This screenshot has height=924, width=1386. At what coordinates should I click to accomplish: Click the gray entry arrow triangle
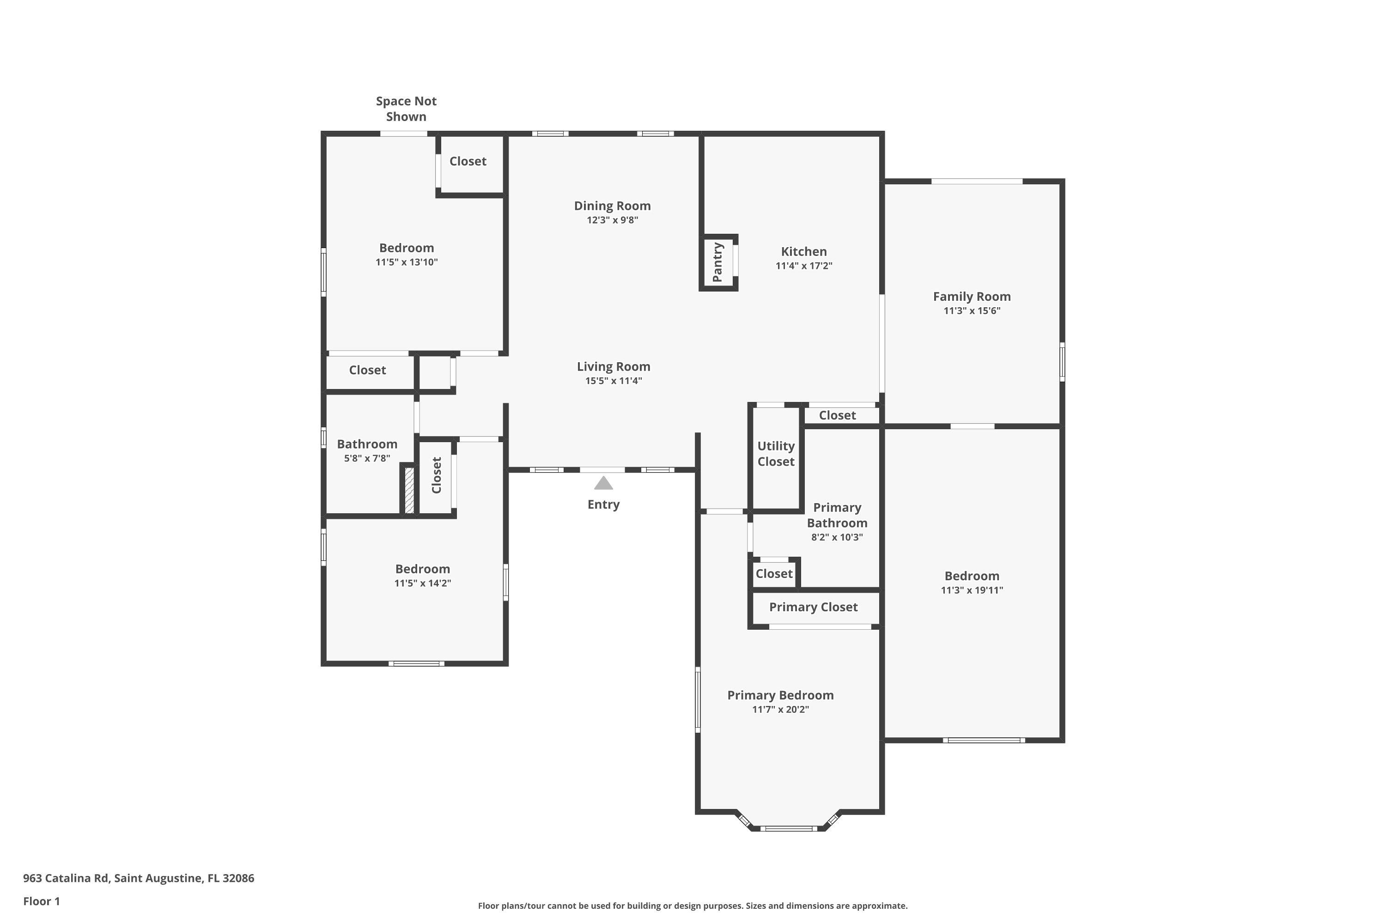[x=603, y=484]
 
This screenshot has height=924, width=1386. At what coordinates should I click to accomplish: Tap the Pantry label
[x=717, y=262]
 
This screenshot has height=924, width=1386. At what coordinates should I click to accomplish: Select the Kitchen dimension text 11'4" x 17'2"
[x=804, y=266]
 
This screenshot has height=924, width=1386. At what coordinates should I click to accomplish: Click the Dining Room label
[x=612, y=206]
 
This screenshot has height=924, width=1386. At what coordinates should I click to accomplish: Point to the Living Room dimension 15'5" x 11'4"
[x=613, y=381]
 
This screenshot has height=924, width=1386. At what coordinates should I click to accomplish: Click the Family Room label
[x=971, y=297]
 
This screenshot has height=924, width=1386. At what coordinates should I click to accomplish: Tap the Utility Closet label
[x=776, y=454]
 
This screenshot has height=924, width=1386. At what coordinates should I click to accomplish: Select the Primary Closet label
[x=813, y=607]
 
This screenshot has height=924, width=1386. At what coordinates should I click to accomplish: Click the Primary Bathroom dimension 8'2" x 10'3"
[x=836, y=537]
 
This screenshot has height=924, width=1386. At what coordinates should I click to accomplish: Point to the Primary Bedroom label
[x=780, y=695]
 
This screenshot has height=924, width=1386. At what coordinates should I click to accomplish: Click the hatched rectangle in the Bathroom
[x=408, y=490]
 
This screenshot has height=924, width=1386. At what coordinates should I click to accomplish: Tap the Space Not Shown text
[x=406, y=109]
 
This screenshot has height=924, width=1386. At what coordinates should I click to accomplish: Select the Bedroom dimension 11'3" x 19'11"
[x=971, y=590]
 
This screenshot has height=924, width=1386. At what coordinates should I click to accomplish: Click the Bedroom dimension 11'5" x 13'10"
[x=406, y=262]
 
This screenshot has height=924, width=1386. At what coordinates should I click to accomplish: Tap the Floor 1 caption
[x=41, y=901]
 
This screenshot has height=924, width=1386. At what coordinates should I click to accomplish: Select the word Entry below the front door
[x=603, y=505]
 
